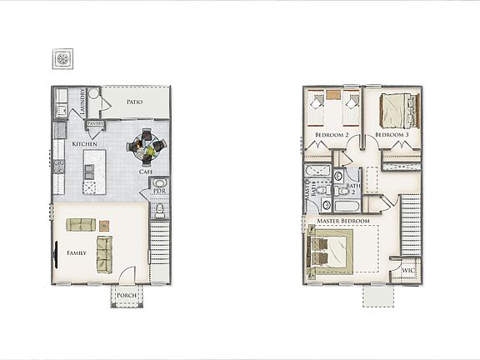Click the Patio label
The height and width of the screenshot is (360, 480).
coord(134,102)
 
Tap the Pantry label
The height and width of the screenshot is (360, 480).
coord(94,124)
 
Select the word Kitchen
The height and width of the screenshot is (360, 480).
coord(85,144)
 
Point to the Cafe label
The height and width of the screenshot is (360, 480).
coord(145,172)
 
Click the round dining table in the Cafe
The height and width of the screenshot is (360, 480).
coord(147,146)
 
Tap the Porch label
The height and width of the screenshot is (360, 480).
coord(127,295)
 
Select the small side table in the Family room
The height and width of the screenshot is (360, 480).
coord(103,225)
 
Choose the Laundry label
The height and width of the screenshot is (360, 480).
coord(83,102)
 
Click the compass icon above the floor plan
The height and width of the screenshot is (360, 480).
coord(63,60)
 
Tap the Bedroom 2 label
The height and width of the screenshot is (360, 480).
coord(331,134)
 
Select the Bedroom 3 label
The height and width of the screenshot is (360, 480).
coord(391,134)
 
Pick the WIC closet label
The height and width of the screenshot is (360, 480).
coord(407,271)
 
